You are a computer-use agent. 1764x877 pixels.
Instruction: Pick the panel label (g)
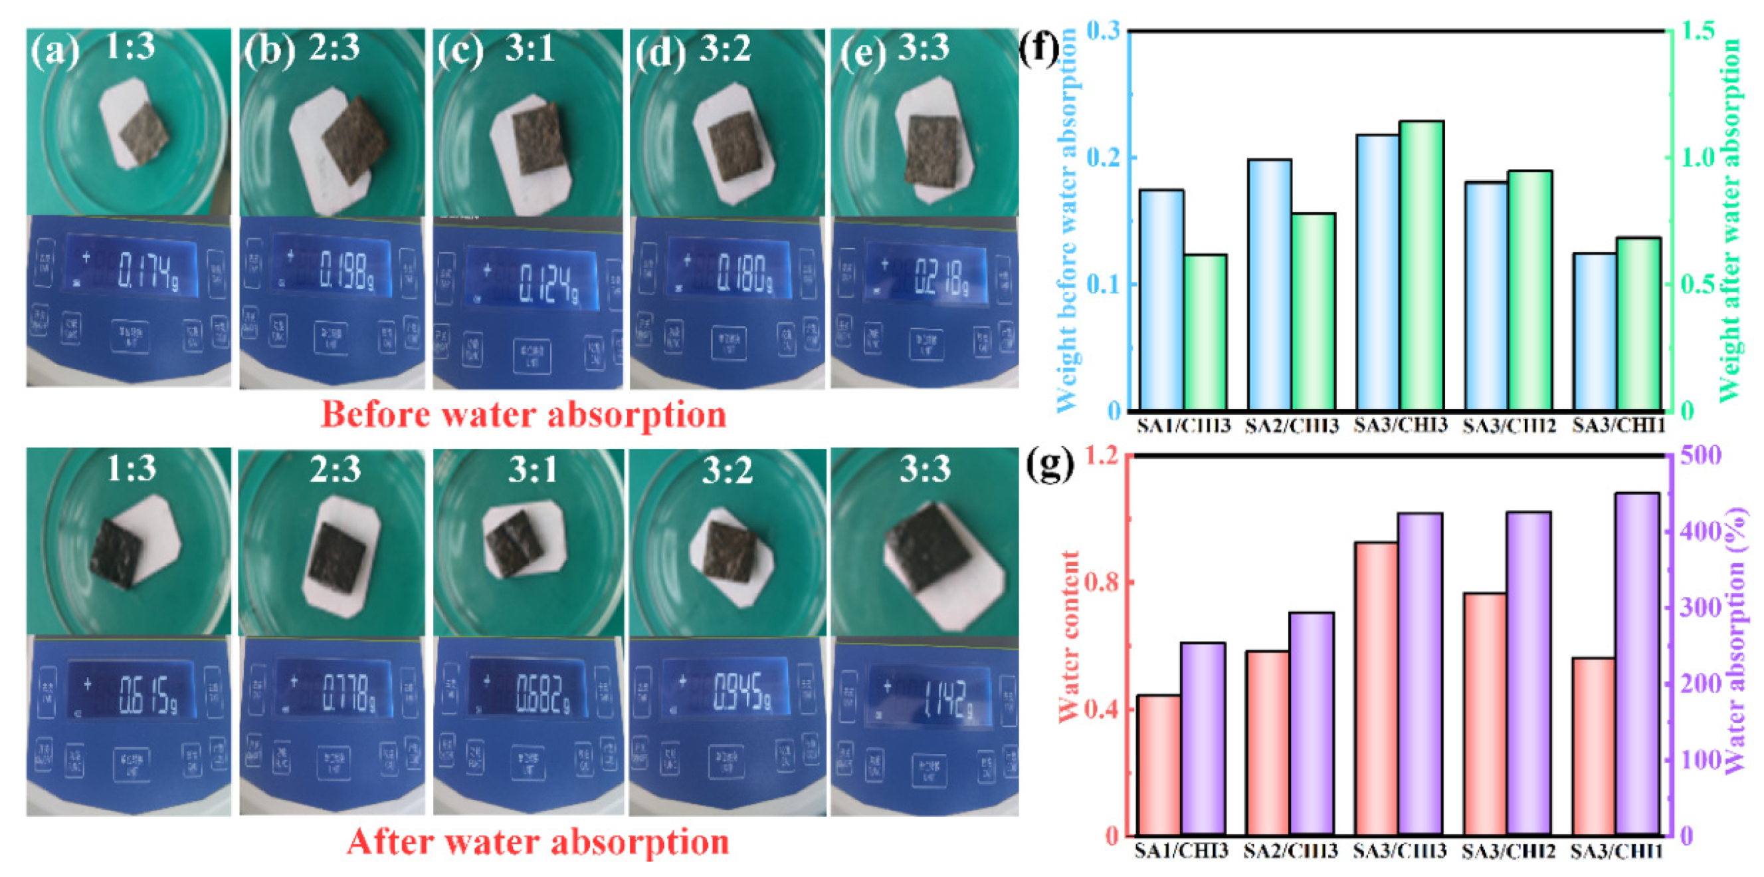pyautogui.click(x=1048, y=465)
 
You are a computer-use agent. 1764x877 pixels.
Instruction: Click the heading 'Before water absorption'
pyautogui.click(x=523, y=414)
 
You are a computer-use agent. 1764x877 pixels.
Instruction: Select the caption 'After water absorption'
pyautogui.click(x=538, y=841)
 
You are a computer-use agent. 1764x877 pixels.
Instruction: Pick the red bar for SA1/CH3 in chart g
pyautogui.click(x=1159, y=765)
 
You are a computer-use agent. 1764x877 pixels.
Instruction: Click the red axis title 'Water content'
pyautogui.click(x=1068, y=637)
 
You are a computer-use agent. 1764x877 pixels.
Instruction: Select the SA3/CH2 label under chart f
pyautogui.click(x=1509, y=426)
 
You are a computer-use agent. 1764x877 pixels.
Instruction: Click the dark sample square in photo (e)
pyautogui.click(x=932, y=150)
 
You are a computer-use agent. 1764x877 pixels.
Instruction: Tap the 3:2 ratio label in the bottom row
pyautogui.click(x=727, y=470)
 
